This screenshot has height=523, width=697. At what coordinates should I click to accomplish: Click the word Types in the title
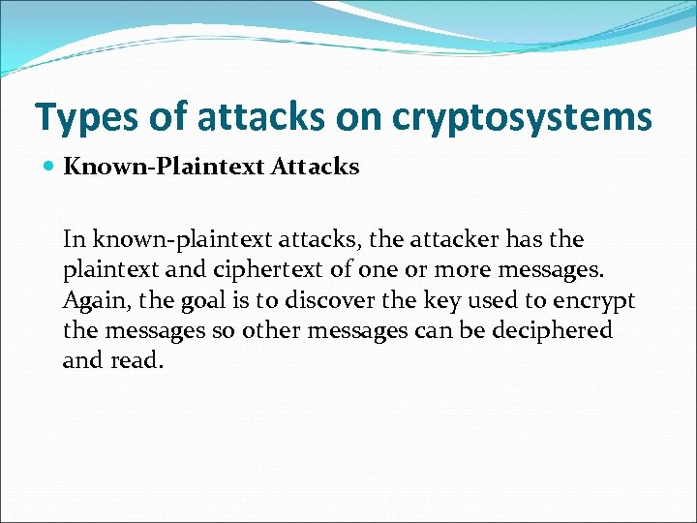point(86,117)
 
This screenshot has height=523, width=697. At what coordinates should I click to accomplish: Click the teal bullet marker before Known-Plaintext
point(48,168)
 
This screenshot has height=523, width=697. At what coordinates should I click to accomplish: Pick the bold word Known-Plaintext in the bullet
point(163,168)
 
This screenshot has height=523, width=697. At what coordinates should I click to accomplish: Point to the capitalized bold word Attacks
point(315,168)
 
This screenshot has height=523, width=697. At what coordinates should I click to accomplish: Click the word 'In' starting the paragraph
point(75,238)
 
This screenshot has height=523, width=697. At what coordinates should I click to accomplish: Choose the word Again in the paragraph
point(90,300)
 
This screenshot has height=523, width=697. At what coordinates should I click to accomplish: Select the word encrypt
point(597,301)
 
